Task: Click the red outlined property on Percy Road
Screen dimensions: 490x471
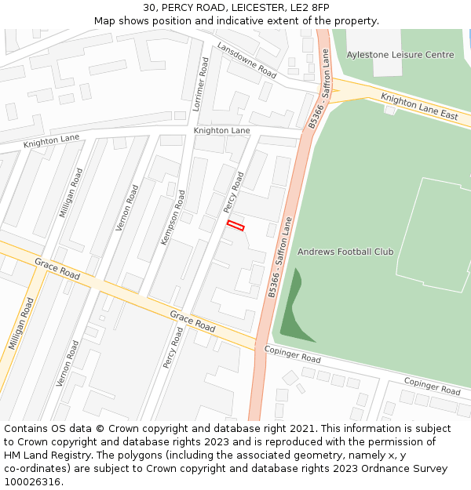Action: (235, 226)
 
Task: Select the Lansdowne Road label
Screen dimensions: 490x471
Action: (246, 60)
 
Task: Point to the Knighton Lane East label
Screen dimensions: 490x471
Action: (419, 107)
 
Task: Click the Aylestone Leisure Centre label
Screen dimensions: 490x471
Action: (400, 55)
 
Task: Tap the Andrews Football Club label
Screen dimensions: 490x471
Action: (345, 252)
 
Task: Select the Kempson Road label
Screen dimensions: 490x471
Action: (173, 217)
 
